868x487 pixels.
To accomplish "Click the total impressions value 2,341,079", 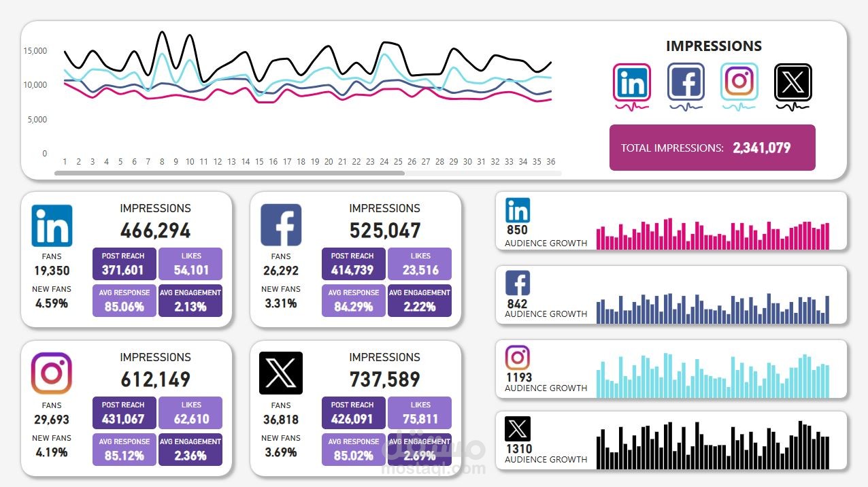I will click(761, 148).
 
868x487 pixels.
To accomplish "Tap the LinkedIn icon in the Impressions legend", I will click(632, 82).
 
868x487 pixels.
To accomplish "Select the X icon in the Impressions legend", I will click(793, 82).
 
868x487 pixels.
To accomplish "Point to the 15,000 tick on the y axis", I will click(35, 51).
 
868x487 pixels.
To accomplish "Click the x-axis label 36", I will click(551, 162).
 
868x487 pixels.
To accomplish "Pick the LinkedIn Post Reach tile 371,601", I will click(124, 264).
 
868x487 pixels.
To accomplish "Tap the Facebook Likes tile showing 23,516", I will click(420, 264).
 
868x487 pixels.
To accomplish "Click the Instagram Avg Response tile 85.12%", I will click(124, 449).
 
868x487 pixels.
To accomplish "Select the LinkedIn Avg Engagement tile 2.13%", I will click(190, 300).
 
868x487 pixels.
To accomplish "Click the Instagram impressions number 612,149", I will click(156, 379).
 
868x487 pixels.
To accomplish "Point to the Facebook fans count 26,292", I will click(281, 271).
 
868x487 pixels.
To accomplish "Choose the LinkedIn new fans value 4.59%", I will click(52, 303).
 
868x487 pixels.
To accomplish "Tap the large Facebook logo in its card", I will click(281, 225).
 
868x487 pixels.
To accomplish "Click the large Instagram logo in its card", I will click(52, 373).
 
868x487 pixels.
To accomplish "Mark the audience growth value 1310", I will click(518, 449).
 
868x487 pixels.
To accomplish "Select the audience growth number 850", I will click(517, 231).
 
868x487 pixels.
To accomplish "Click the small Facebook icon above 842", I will click(518, 283).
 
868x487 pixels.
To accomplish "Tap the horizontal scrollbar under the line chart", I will click(229, 173).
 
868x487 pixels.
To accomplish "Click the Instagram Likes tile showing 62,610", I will click(190, 413).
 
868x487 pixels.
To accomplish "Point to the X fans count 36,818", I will click(281, 420).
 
